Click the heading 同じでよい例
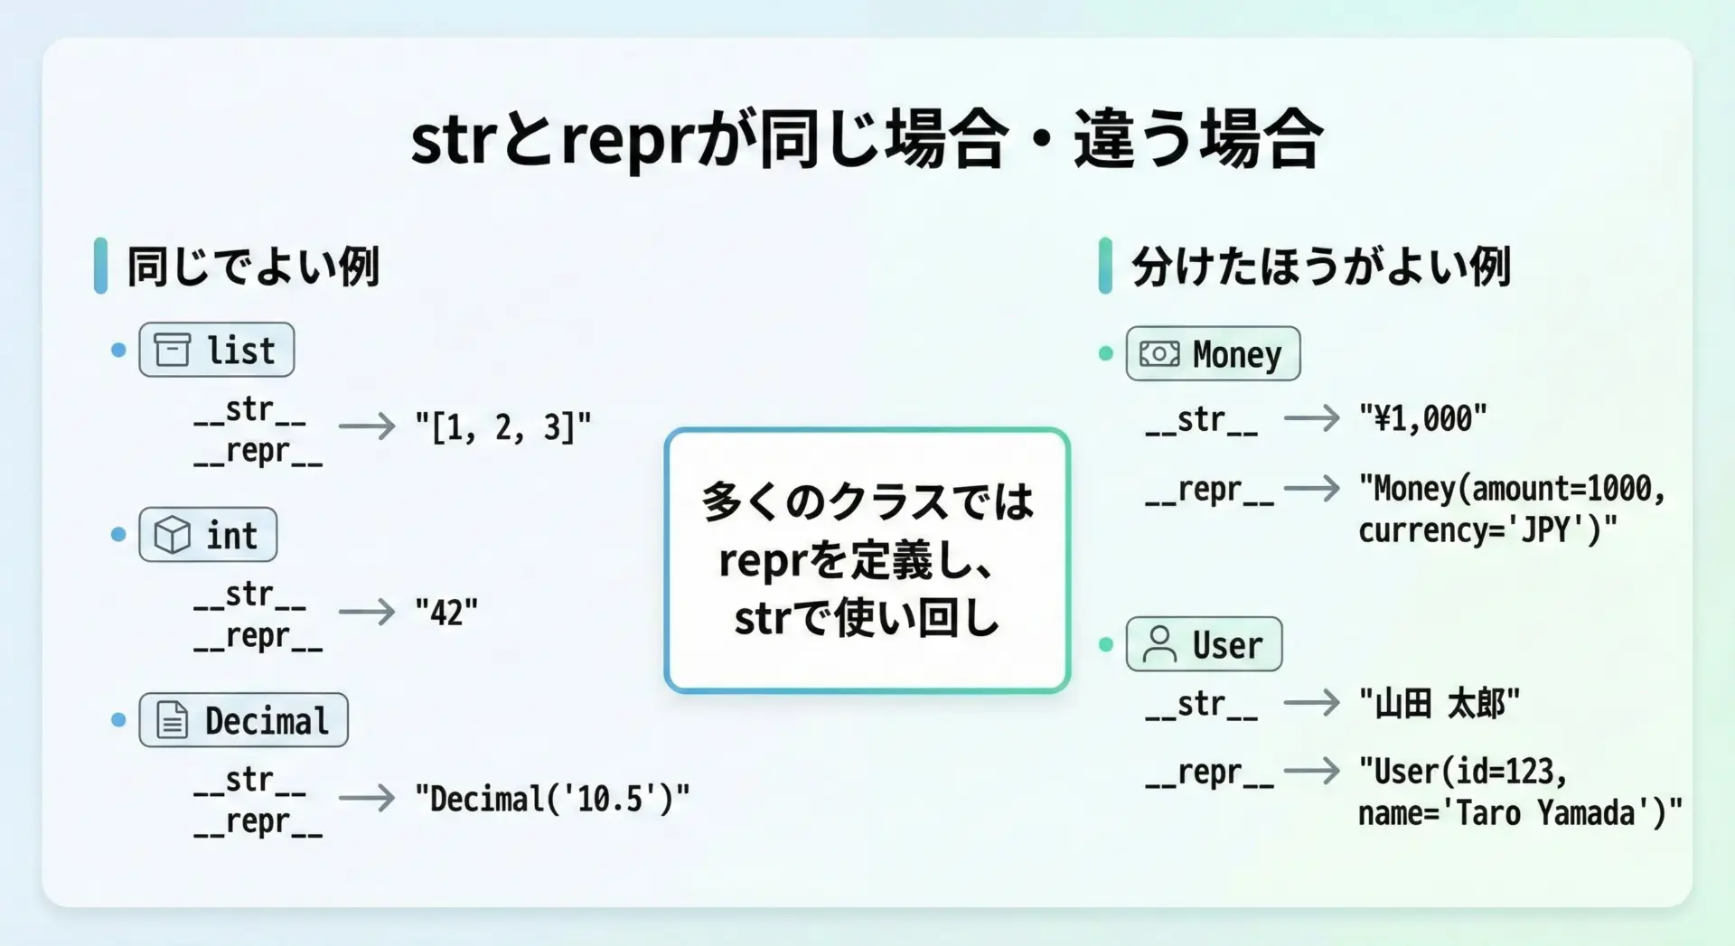pyautogui.click(x=253, y=267)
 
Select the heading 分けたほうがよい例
pyautogui.click(x=1321, y=267)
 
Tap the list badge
pyautogui.click(x=217, y=350)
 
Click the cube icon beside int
pyautogui.click(x=172, y=535)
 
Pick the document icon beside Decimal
pyautogui.click(x=172, y=720)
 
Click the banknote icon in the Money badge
pyautogui.click(x=1159, y=353)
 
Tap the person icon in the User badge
pyautogui.click(x=1159, y=644)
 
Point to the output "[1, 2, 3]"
pyautogui.click(x=503, y=426)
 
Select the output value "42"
pyautogui.click(x=446, y=612)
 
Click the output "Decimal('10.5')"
pyautogui.click(x=552, y=799)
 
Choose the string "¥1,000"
pyautogui.click(x=1422, y=418)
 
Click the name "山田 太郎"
pyautogui.click(x=1440, y=702)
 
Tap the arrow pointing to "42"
pyautogui.click(x=367, y=612)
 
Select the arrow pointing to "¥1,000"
pyautogui.click(x=1312, y=418)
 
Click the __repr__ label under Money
pyautogui.click(x=1209, y=491)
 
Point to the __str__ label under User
pyautogui.click(x=1201, y=704)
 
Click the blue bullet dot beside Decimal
pyautogui.click(x=118, y=720)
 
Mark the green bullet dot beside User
pyautogui.click(x=1106, y=644)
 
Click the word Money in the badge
pyautogui.click(x=1237, y=355)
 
